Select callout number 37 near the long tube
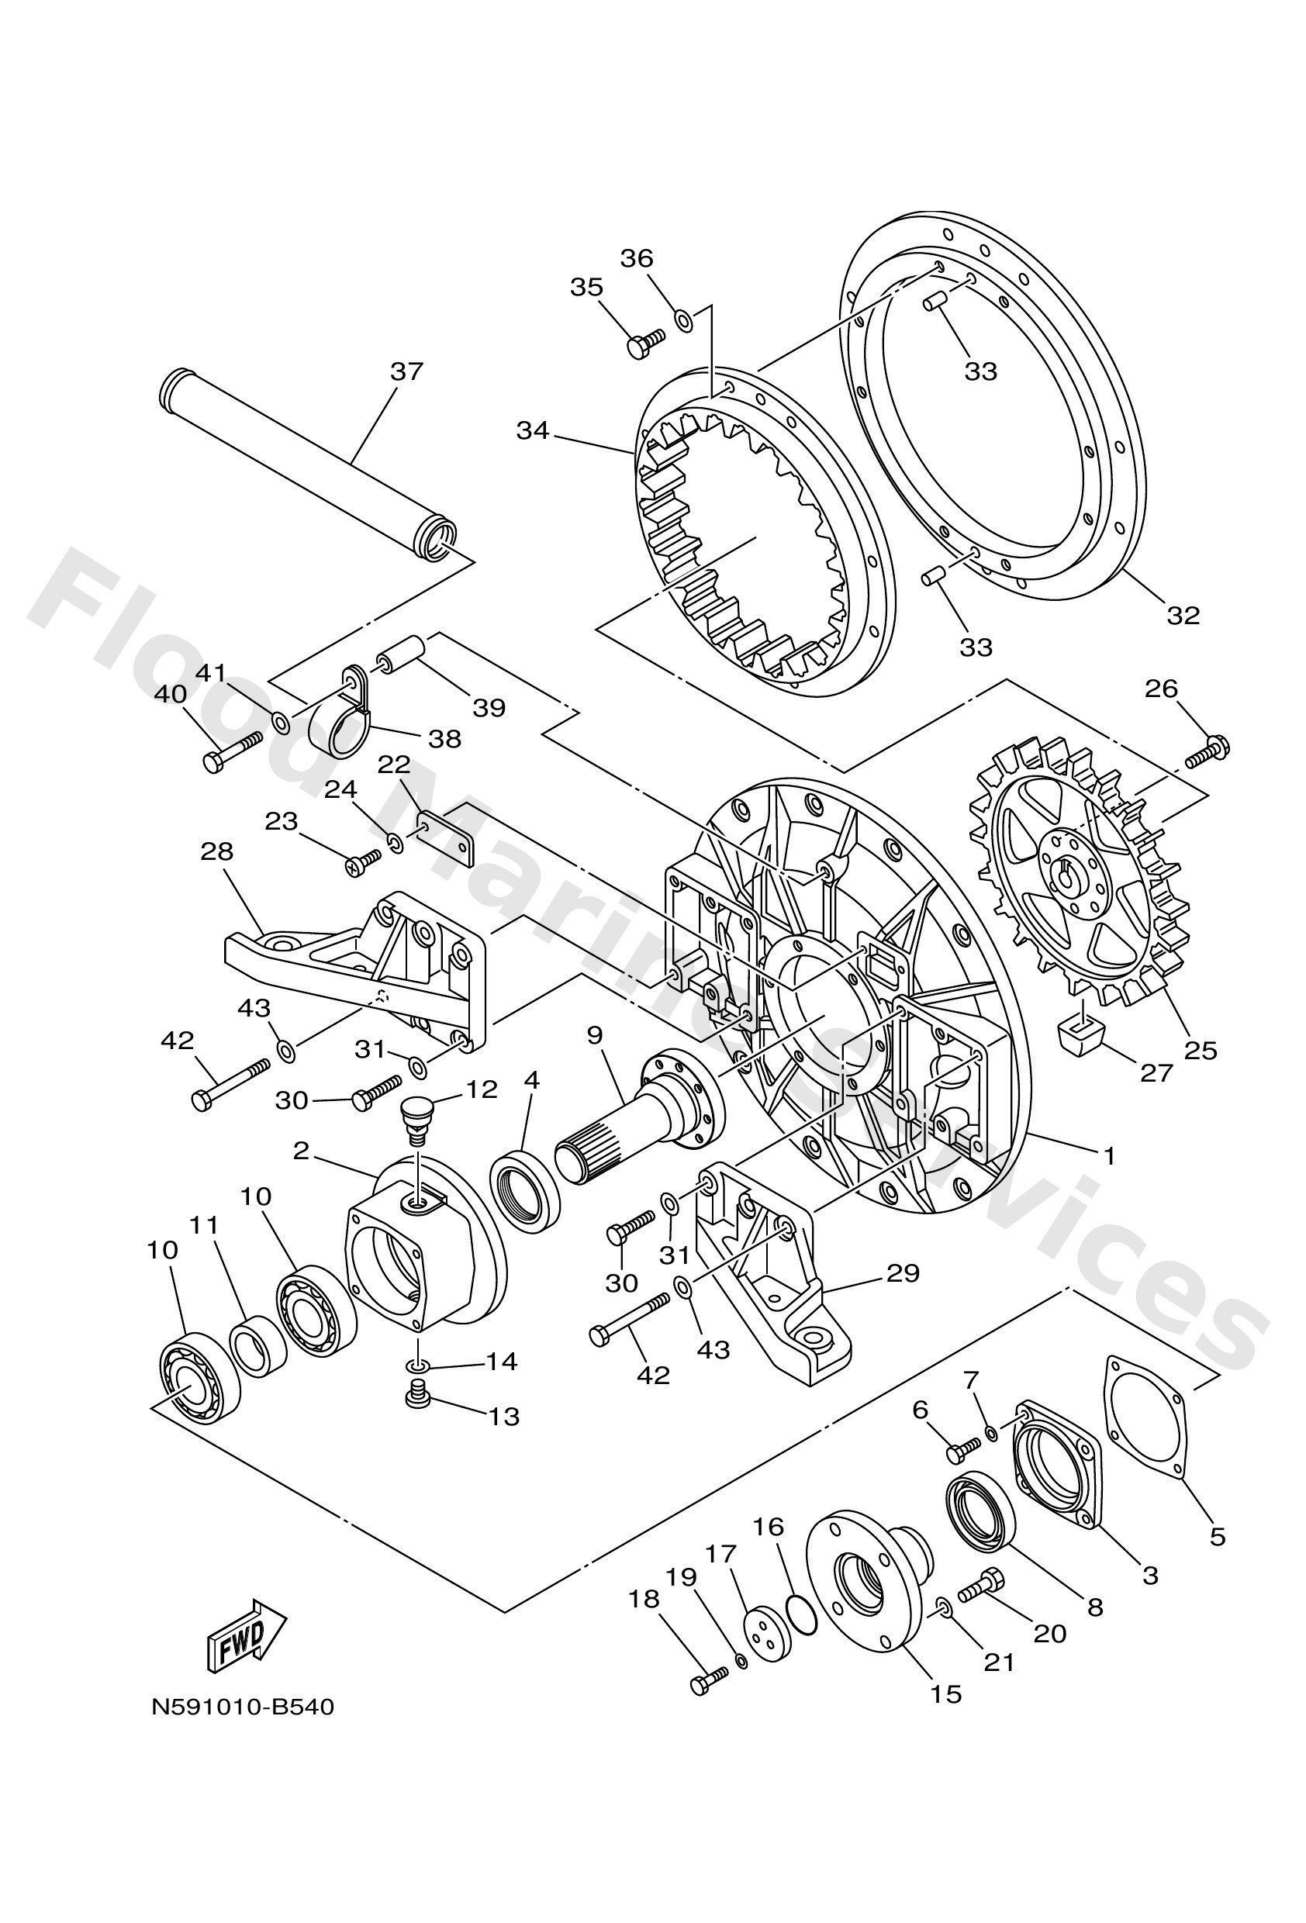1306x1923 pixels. (x=406, y=371)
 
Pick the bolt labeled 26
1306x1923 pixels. (x=1208, y=751)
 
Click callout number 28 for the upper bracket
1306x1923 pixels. (x=217, y=851)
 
